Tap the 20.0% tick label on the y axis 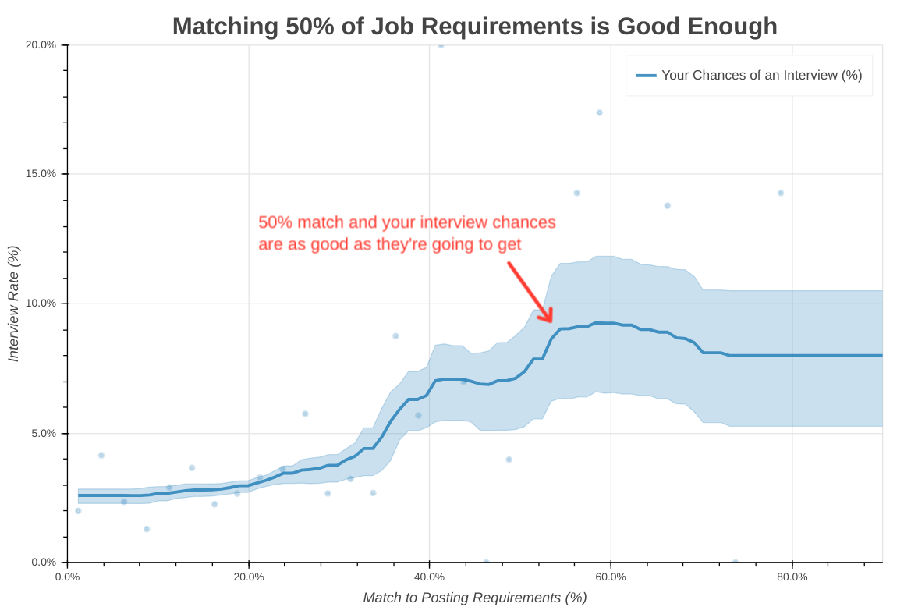click(41, 45)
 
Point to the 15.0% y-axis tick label click(41, 174)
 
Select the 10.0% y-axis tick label click(41, 303)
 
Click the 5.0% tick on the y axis click(44, 433)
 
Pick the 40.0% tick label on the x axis click(430, 577)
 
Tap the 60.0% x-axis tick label click(611, 577)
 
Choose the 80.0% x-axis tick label click(792, 577)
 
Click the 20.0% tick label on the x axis click(249, 577)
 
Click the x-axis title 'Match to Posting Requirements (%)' click(474, 598)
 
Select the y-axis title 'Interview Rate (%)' click(13, 303)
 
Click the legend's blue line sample click(646, 76)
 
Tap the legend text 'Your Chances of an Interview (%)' click(761, 76)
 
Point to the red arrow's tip click(552, 321)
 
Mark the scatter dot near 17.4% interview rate click(599, 112)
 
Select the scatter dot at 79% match click(780, 193)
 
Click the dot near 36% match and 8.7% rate click(395, 335)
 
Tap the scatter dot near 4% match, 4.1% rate click(101, 455)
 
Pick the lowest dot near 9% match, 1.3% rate click(146, 529)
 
